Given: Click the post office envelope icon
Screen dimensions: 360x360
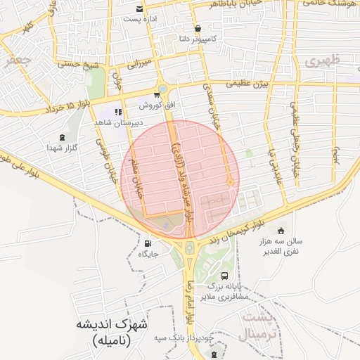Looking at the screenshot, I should click(141, 9).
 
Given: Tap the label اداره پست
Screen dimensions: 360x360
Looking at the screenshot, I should click(139, 19).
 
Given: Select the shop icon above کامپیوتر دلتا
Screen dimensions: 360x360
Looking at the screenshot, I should click(198, 30).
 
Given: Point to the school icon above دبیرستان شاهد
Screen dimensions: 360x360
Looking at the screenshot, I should click(119, 111).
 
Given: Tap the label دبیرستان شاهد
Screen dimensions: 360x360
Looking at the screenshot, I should click(118, 122).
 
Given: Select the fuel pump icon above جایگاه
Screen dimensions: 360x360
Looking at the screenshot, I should click(146, 243).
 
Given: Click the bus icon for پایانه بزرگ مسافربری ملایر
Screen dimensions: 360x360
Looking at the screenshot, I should click(224, 276).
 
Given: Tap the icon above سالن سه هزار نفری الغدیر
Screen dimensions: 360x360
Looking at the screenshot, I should click(281, 231).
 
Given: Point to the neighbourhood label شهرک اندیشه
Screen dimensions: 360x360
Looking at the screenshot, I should click(112, 325).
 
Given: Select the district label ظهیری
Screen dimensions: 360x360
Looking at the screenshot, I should click(323, 61).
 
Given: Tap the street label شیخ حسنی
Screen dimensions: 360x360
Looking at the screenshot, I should click(82, 65).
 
